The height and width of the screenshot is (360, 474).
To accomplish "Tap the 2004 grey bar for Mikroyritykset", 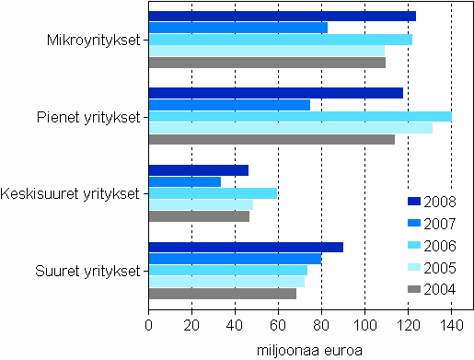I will click(267, 63).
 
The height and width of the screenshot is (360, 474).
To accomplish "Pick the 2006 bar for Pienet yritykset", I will click(300, 116).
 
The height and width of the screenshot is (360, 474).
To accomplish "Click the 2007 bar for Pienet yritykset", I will click(229, 104).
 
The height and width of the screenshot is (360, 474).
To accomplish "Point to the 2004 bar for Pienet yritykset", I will click(272, 139).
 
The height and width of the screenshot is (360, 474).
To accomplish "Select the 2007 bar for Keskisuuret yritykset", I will click(184, 181).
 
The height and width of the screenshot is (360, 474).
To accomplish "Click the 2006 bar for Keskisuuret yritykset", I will click(213, 193).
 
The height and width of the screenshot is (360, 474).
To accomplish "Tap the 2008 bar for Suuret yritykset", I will click(246, 247).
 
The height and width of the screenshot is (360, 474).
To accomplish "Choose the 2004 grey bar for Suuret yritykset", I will click(222, 294).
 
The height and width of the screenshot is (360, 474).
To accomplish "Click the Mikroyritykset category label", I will click(94, 40).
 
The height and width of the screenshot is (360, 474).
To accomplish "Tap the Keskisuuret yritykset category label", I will click(70, 193).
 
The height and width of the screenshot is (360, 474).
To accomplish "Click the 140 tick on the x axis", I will click(451, 324).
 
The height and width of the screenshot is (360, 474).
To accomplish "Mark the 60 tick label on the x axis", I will click(278, 324).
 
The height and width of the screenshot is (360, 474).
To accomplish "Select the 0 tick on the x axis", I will click(148, 324).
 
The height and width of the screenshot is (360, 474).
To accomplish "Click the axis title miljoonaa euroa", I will click(309, 349).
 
